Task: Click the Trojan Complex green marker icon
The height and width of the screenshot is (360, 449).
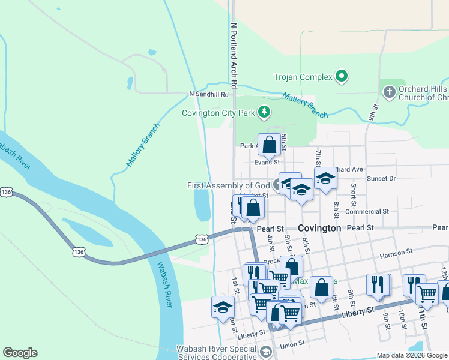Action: [342, 77]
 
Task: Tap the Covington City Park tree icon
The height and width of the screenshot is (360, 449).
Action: [263, 112]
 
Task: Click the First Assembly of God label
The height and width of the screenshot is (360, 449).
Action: [228, 186]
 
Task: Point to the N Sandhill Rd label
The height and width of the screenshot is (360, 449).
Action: [209, 94]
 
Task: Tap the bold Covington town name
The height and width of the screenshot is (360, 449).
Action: [319, 229]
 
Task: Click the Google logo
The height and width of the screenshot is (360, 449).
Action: [20, 353]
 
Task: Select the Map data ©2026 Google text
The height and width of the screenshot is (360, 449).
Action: [411, 355]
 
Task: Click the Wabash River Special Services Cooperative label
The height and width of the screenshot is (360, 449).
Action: [218, 349]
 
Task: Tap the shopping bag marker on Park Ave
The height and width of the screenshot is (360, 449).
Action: [269, 145]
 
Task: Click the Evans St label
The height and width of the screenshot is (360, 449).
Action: [267, 162]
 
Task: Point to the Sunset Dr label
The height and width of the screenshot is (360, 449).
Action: [381, 178]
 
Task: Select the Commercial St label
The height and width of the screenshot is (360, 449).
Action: [367, 212]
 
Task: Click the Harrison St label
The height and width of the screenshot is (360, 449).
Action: [396, 254]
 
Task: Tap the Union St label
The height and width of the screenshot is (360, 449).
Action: [292, 344]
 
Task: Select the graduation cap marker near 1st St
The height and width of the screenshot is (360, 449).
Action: [223, 307]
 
